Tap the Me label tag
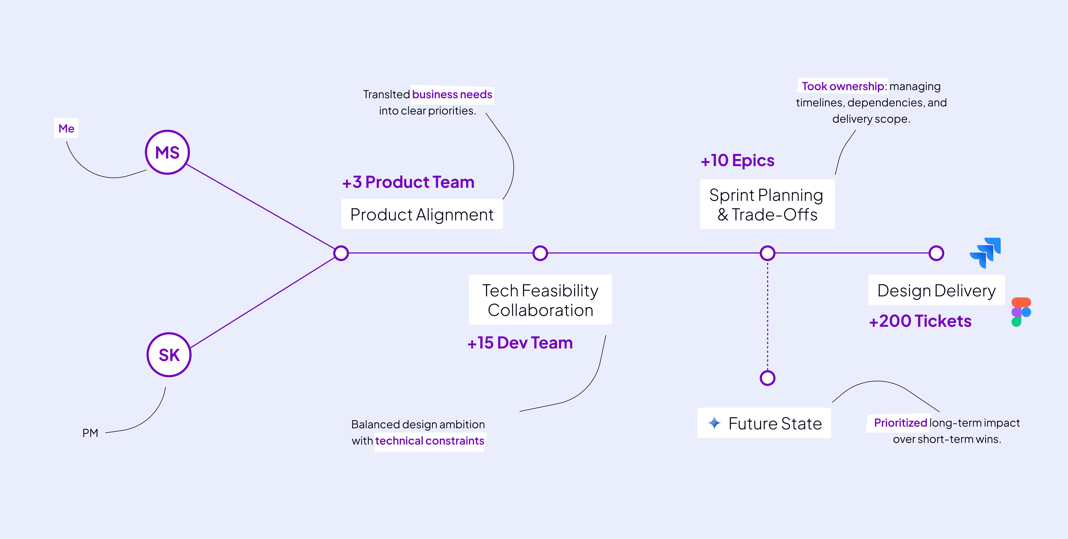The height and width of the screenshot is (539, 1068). [x=66, y=128]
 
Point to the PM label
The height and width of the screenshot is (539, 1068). [x=90, y=433]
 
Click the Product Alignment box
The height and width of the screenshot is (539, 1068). [x=422, y=214]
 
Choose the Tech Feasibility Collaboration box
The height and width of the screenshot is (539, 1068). [x=540, y=300]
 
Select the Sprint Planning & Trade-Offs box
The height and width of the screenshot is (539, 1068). [x=767, y=204]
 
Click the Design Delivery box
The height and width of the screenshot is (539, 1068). [x=936, y=290]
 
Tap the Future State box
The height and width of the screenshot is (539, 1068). [x=764, y=423]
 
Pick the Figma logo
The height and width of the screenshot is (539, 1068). [x=1021, y=312]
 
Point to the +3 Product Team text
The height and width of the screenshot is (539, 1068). [x=408, y=182]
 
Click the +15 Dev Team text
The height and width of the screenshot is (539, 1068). [x=520, y=343]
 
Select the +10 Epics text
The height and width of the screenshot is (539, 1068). [x=738, y=160]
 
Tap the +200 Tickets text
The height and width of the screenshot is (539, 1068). [x=920, y=321]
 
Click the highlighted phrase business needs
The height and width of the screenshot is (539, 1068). [x=452, y=94]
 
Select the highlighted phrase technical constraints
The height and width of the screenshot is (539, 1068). [x=429, y=441]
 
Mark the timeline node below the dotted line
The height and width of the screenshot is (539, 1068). [x=767, y=378]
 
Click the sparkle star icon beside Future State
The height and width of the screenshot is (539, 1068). [x=714, y=423]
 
